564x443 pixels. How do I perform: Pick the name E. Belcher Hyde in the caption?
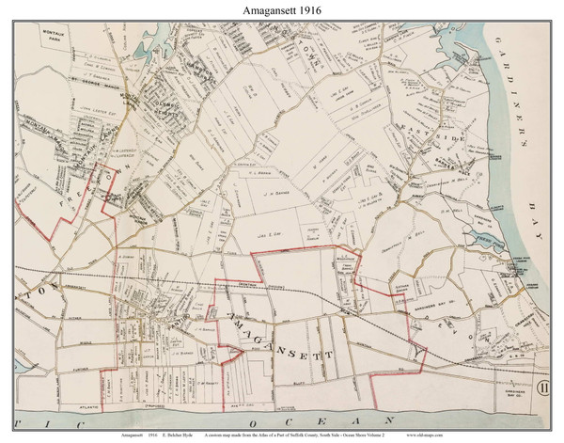pyautogui.click(x=172, y=435)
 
